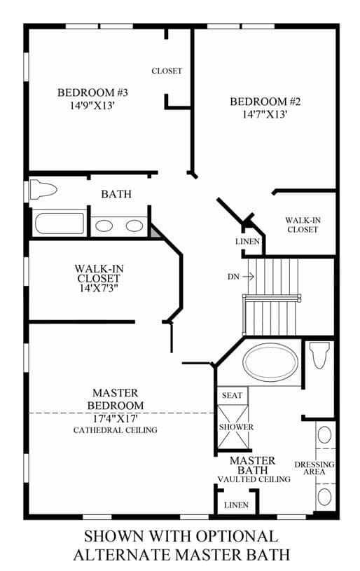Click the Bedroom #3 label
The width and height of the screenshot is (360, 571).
click(92, 92)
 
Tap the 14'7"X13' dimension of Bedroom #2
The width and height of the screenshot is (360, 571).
click(265, 114)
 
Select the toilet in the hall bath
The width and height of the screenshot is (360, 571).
click(43, 190)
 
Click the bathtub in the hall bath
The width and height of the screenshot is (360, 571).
click(60, 223)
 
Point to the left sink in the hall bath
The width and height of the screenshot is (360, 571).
click(104, 226)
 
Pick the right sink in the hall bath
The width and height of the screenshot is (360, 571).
click(134, 226)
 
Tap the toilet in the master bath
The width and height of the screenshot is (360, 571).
click(319, 355)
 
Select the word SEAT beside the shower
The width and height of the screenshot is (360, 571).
click(233, 395)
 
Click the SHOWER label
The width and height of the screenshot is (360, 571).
click(236, 427)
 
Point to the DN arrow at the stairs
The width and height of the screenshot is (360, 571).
click(248, 277)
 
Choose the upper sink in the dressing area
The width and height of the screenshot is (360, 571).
click(324, 435)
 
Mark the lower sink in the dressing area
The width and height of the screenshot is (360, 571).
click(324, 497)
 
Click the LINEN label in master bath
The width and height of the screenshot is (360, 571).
click(236, 505)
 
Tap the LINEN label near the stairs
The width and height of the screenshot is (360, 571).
click(247, 242)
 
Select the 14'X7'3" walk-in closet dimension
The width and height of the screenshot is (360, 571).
click(99, 288)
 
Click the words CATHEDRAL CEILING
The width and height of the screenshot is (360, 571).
click(116, 430)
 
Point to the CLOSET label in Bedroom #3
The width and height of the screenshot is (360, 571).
click(167, 71)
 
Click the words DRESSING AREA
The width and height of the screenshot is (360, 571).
click(314, 468)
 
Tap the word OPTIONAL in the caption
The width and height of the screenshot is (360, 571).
click(237, 537)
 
